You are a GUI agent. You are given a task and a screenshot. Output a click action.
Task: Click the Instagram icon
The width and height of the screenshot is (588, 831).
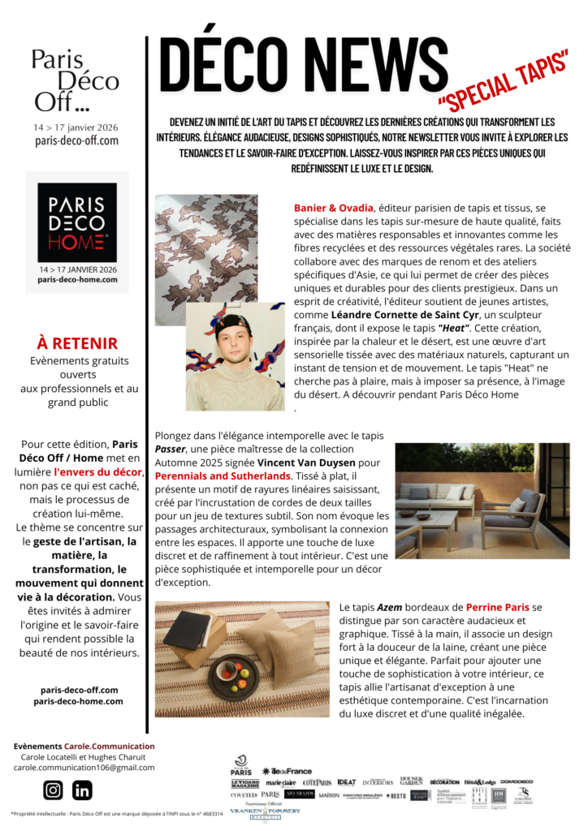[x=54, y=790]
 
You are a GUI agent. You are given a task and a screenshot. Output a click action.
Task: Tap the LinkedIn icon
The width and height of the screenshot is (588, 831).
[x=82, y=790]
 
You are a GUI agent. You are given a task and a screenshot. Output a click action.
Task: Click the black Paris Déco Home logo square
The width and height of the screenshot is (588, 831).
[x=77, y=222]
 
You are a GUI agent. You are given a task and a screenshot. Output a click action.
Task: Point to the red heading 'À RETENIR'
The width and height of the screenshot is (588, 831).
[x=77, y=343]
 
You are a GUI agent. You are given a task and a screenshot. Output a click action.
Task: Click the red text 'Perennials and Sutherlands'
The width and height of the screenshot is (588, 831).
[x=223, y=476]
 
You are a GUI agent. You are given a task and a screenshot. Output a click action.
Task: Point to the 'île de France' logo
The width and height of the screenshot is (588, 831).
[x=287, y=771]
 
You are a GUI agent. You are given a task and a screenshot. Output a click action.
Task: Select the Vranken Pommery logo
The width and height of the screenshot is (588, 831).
[x=265, y=810]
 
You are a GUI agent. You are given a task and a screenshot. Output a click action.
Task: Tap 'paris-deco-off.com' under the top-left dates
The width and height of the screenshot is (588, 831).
[x=77, y=140]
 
